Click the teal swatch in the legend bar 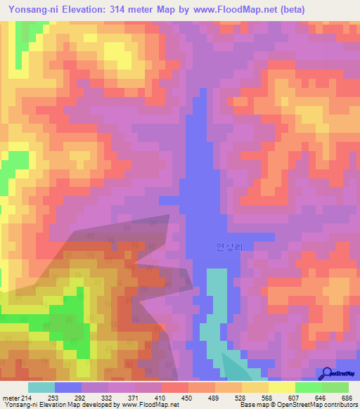[x=41, y=387]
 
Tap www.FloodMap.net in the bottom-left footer [x=148, y=405]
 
